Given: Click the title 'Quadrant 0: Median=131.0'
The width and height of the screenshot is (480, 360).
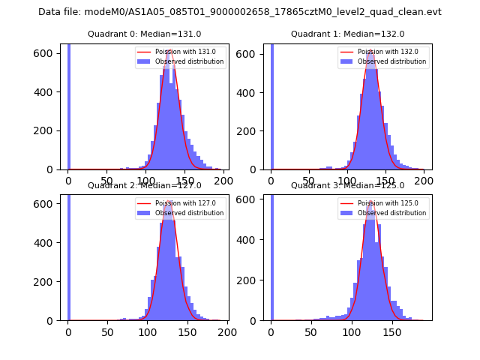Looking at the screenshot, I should [144, 34].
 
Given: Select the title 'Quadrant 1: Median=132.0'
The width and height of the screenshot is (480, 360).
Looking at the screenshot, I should [347, 34].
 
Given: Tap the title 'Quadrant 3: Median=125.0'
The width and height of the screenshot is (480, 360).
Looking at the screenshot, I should [347, 185].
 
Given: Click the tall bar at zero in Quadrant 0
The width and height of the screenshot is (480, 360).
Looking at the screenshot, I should [69, 105].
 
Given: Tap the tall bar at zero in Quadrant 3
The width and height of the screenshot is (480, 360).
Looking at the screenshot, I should [271, 255].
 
